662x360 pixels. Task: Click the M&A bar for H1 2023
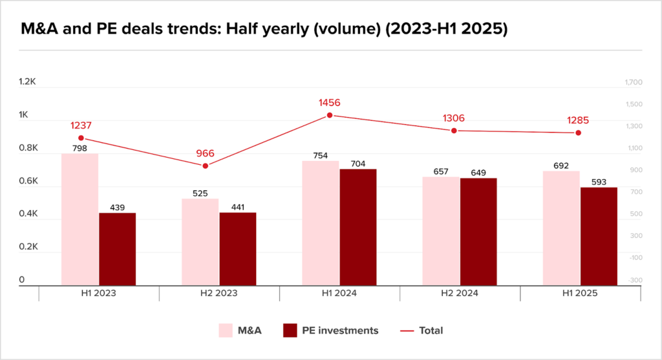tap(80, 219)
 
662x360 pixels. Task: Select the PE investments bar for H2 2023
tap(238, 249)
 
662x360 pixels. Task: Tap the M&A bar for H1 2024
tap(321, 223)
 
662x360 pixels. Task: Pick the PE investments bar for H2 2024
tap(478, 231)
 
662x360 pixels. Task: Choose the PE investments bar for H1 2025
tap(599, 236)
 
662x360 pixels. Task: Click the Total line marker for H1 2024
tap(330, 115)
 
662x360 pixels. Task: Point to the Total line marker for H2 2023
tap(206, 166)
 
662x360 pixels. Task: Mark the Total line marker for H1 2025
tap(579, 133)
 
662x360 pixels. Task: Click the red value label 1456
tap(329, 103)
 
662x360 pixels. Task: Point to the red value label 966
tap(205, 154)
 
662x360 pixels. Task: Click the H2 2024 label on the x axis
tap(460, 293)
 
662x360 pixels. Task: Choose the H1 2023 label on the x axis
tap(99, 293)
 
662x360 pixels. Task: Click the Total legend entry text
tap(431, 330)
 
